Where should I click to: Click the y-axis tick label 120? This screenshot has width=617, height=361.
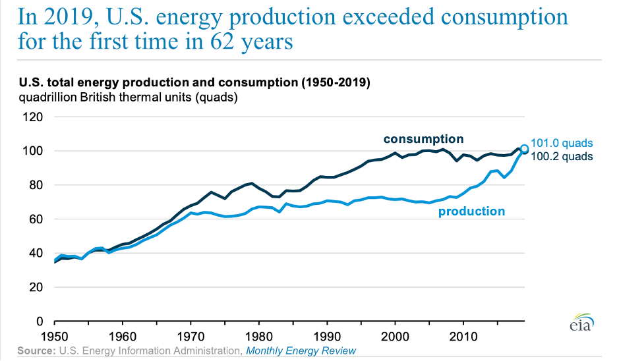33,117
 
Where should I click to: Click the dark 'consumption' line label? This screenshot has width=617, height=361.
423,139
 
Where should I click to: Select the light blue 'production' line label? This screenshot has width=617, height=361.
472,211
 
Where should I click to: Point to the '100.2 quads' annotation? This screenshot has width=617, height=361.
562,156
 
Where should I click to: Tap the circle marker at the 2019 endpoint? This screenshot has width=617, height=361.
524,149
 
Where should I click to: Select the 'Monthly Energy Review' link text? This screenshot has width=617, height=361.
301,351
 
